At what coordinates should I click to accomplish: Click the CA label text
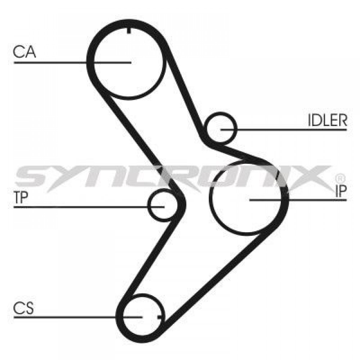click(24, 51)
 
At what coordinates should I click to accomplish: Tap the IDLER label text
click(327, 120)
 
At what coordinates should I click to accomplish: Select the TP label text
click(21, 197)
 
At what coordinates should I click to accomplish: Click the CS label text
click(23, 308)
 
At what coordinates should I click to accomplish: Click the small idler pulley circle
click(221, 127)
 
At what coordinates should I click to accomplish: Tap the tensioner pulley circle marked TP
click(162, 205)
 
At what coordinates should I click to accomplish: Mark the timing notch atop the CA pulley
click(129, 30)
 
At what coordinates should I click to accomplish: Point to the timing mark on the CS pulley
click(160, 317)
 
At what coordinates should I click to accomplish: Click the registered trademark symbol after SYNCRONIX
click(340, 178)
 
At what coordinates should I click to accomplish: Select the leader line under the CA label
click(72, 62)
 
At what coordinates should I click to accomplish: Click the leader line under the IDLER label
click(284, 130)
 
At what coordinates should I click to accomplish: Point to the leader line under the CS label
click(78, 317)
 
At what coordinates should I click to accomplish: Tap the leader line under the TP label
click(89, 207)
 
